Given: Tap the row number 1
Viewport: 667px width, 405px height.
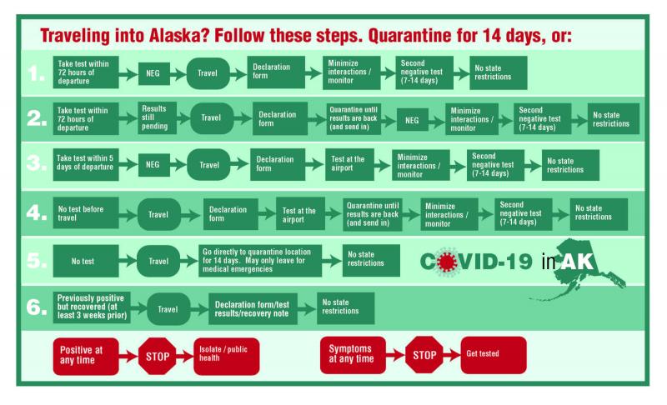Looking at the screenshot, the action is click(x=37, y=73).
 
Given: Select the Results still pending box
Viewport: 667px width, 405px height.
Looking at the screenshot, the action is click(x=157, y=117).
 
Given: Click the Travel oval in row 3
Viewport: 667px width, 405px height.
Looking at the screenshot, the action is click(x=209, y=164).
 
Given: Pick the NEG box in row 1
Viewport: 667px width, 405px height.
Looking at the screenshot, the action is click(x=153, y=73).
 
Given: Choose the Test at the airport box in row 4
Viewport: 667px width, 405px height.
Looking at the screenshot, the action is click(x=300, y=214).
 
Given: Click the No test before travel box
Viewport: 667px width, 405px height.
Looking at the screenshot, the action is click(x=86, y=212).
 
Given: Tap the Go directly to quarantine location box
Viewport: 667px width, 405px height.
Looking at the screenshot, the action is click(x=259, y=261).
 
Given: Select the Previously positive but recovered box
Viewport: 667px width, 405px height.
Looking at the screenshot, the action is click(x=92, y=307).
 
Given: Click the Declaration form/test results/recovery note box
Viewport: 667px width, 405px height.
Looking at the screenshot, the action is click(x=253, y=309).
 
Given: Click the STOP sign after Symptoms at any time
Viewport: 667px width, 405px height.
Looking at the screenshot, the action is click(x=424, y=355).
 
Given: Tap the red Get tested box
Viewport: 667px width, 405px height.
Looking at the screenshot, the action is click(x=494, y=355).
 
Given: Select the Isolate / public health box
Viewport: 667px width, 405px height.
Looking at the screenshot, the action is click(x=226, y=356).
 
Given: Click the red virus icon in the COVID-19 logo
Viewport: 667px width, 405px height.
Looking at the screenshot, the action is click(x=446, y=262).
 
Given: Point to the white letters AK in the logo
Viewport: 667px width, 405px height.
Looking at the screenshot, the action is click(x=577, y=262).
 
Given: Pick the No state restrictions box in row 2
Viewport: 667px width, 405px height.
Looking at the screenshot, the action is click(x=614, y=119).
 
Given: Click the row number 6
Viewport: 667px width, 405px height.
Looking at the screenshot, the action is click(x=37, y=307).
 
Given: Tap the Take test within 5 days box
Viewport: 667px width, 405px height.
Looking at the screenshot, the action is click(x=86, y=164).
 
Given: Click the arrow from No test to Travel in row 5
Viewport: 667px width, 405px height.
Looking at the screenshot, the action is click(x=128, y=260).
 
